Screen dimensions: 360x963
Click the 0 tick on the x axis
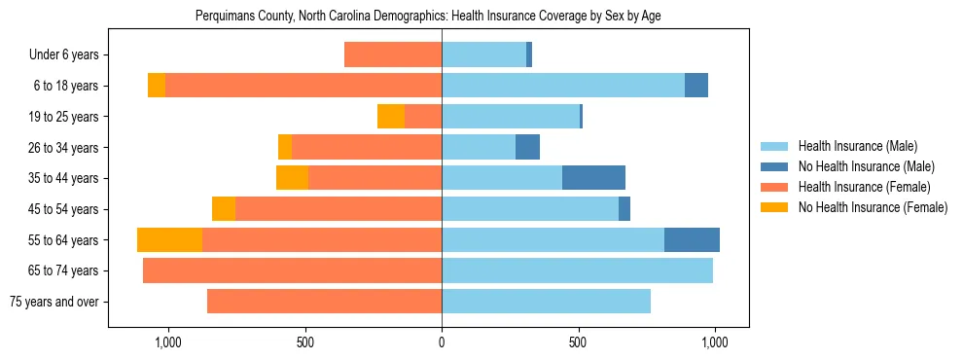click(x=442, y=342)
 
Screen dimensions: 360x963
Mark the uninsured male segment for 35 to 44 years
click(x=593, y=178)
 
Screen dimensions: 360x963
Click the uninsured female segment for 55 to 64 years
click(x=169, y=239)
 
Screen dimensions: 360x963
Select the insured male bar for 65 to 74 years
click(x=577, y=270)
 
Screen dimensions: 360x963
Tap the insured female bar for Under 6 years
click(x=393, y=54)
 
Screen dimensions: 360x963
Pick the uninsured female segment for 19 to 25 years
click(x=391, y=117)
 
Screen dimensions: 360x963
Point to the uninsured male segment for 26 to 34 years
click(x=527, y=147)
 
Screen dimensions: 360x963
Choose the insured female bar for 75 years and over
click(x=324, y=302)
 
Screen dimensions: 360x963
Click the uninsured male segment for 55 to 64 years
click(x=692, y=239)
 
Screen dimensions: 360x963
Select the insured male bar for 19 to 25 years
click(x=511, y=117)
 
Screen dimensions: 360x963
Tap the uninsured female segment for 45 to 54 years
click(x=224, y=209)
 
